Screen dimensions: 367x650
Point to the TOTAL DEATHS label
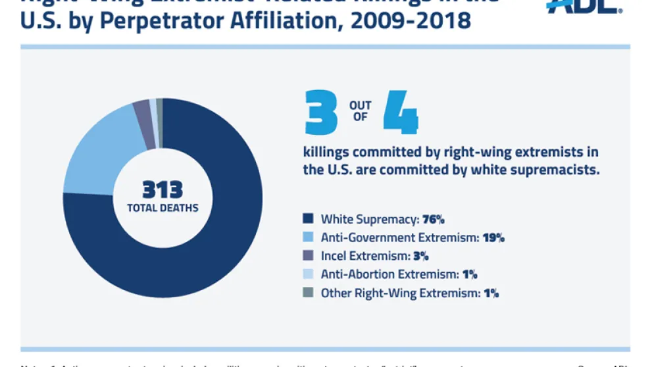click(162, 208)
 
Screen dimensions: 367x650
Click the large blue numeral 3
click(320, 112)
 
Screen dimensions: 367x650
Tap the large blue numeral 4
click(401, 112)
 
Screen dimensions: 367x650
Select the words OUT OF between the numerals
click(360, 111)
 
